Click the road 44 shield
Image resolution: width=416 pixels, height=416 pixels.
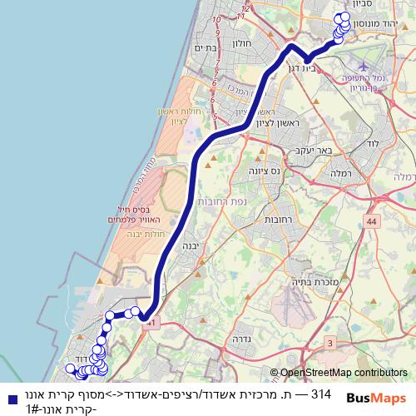pos(370,221)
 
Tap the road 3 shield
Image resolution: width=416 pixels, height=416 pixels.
pos(329,342)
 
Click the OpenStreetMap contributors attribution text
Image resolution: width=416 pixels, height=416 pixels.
pos(344,373)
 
